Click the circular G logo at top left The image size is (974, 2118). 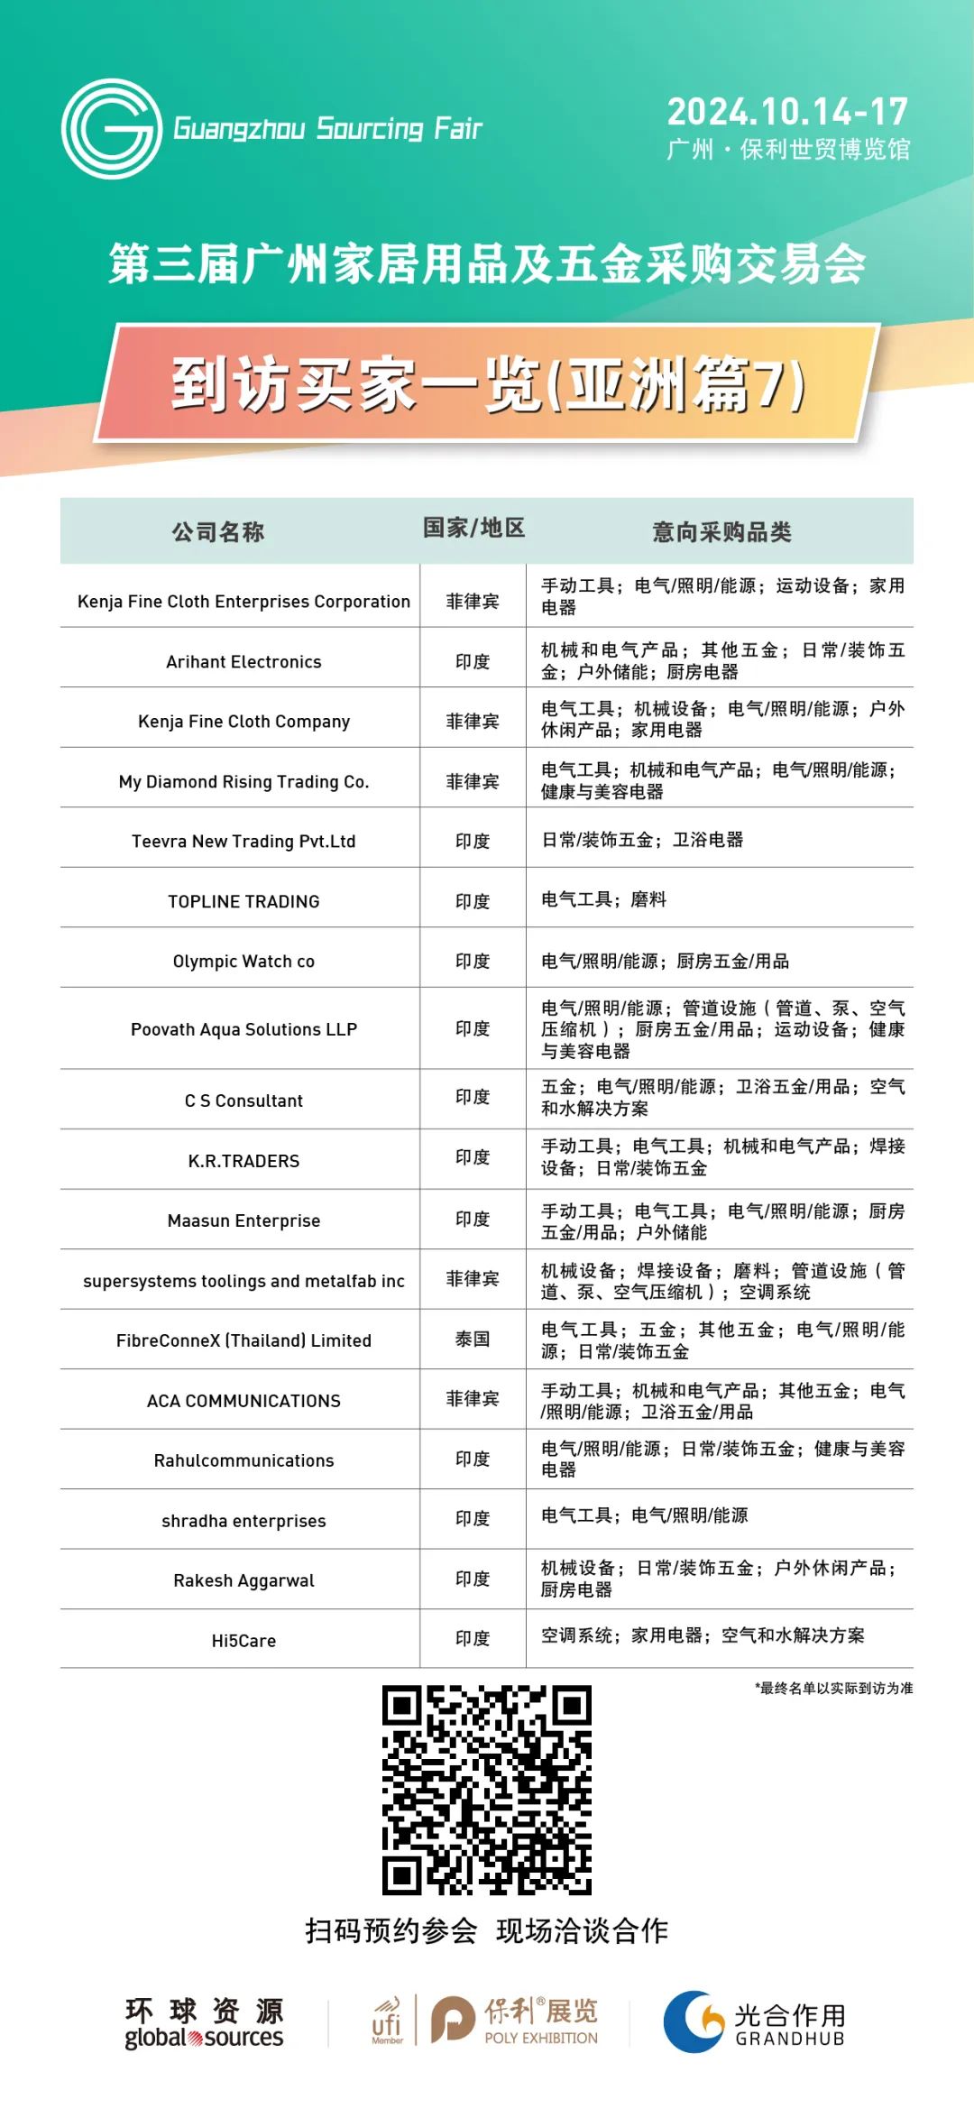coord(111,128)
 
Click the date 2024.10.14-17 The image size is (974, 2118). coord(787,112)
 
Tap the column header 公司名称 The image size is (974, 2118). coord(218,532)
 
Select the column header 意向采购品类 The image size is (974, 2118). coord(721,532)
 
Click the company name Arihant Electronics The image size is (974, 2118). coord(243,662)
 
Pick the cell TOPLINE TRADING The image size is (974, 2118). coord(243,902)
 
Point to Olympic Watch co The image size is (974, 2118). coord(243,962)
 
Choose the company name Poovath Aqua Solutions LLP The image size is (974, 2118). coord(243,1029)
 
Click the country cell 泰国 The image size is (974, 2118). coord(473,1340)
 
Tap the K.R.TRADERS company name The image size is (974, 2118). coord(243,1161)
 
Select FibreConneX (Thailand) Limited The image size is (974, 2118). coord(243,1340)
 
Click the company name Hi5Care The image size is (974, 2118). coord(243,1641)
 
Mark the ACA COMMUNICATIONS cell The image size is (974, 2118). coord(243,1401)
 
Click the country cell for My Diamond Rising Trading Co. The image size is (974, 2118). coord(473,782)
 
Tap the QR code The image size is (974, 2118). coord(487,1790)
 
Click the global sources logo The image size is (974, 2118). coord(204,2023)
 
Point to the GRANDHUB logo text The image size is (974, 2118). coord(790,2039)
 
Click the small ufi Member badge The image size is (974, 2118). coord(386,2021)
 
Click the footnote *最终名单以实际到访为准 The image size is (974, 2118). coord(833,1688)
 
